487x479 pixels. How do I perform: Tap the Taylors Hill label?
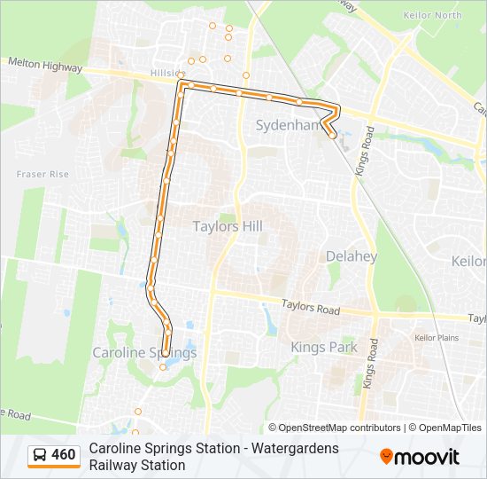point(228,226)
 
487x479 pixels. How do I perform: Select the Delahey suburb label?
point(351,256)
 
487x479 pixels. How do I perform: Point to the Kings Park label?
point(324,347)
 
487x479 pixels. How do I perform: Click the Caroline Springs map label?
point(144,353)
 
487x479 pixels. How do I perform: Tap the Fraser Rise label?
point(43,175)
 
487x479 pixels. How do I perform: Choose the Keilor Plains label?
point(436,338)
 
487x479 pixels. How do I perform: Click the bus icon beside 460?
point(40,456)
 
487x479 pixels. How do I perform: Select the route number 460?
point(64,456)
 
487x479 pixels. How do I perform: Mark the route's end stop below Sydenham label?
point(332,136)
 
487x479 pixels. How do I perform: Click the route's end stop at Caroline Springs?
point(166,353)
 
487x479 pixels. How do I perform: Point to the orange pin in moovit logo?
point(386,457)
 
